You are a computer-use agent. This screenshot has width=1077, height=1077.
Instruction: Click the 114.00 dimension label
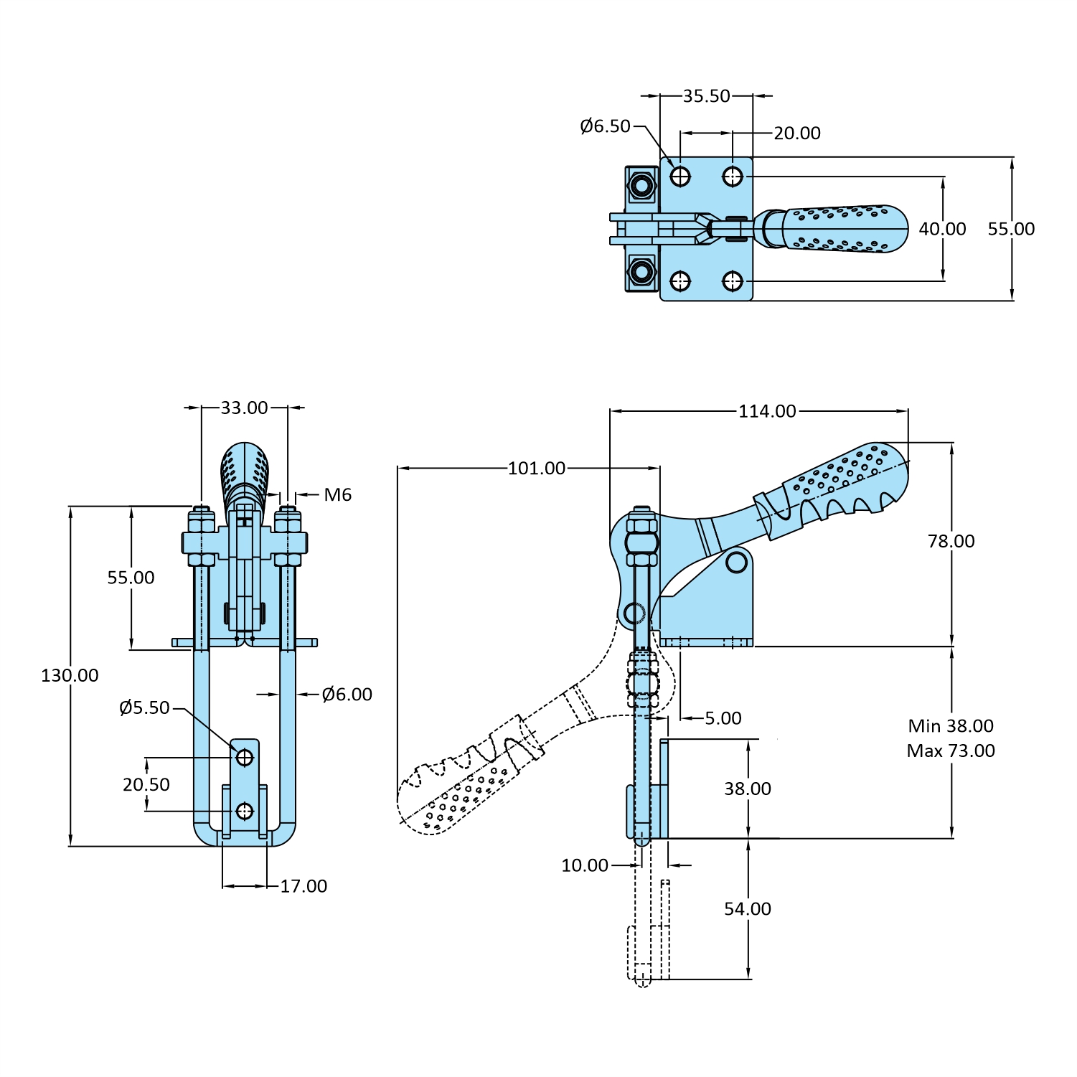(767, 411)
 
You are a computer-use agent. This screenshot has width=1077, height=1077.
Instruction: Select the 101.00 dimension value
(537, 469)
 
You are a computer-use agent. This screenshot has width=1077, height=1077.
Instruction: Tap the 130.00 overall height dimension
(70, 675)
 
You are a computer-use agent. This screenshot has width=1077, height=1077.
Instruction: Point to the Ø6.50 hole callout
(605, 126)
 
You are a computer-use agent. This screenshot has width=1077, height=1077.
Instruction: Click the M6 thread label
(337, 494)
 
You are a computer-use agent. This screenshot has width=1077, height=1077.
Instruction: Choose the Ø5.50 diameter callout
(144, 708)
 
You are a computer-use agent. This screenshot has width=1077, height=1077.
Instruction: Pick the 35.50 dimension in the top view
(706, 96)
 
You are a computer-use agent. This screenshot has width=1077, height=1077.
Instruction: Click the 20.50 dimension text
(146, 784)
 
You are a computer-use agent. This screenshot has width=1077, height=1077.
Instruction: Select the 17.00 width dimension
(304, 886)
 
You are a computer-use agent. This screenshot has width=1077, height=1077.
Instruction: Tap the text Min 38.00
(951, 726)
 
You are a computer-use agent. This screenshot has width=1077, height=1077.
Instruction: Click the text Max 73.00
(951, 751)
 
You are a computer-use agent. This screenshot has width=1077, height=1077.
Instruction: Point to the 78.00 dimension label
(951, 541)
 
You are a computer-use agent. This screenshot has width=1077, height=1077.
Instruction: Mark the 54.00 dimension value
(747, 909)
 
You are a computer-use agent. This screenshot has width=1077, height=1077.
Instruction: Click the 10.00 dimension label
(584, 865)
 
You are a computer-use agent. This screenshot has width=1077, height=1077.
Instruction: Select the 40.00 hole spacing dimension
(942, 229)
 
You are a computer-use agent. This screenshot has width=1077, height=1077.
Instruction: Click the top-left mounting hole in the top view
(680, 176)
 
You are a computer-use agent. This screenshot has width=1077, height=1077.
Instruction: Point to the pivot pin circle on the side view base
(737, 562)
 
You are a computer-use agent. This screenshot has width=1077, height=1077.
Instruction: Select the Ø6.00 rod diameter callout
(347, 695)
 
